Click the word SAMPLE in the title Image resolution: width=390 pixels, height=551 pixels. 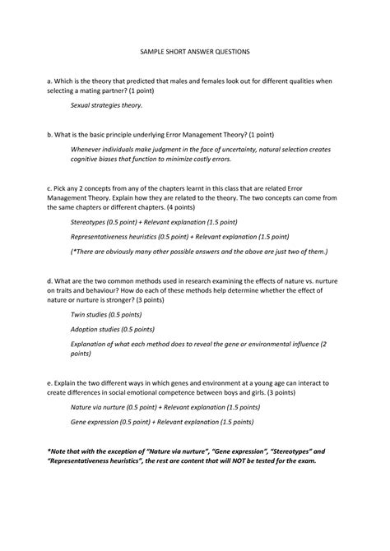[147, 51]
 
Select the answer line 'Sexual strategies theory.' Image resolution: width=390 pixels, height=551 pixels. [106, 106]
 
